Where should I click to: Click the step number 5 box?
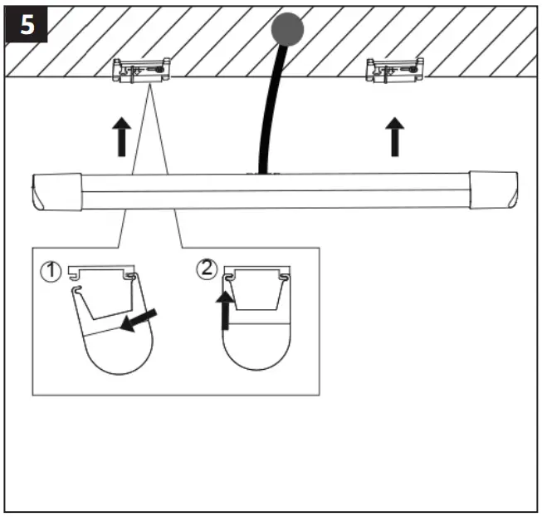pos(26,25)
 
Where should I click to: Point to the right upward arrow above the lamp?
pos(395,136)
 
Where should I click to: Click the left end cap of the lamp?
pos(56,192)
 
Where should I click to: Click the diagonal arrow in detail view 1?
pos(138,320)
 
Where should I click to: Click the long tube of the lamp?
pos(274,191)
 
